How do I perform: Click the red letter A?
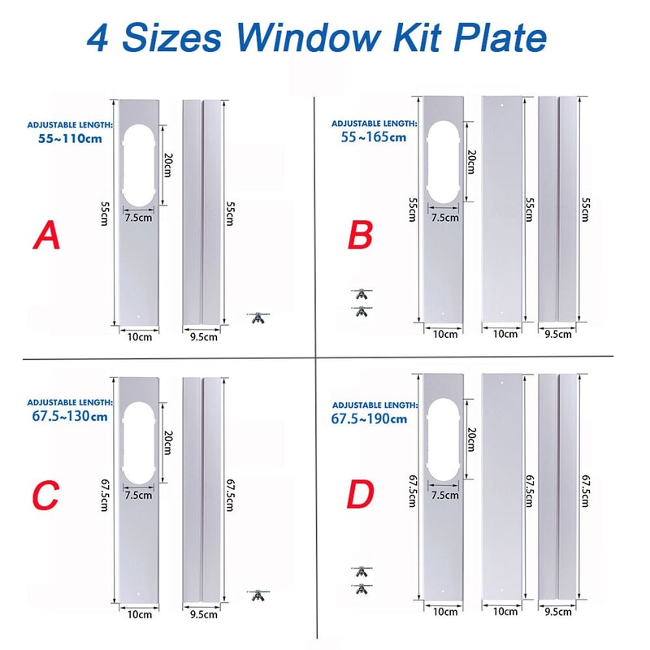(x=46, y=236)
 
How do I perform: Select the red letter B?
(x=360, y=236)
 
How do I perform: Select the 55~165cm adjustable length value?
(x=373, y=136)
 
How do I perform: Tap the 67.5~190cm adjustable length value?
(x=369, y=418)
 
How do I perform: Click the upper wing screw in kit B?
(x=362, y=292)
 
